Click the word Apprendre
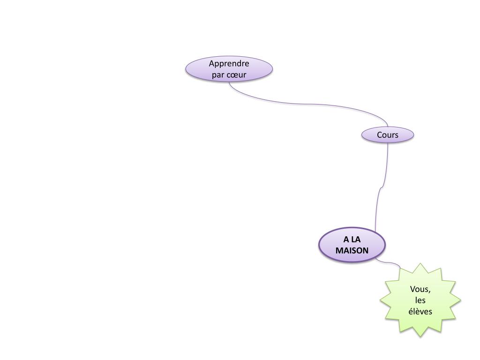click(229, 63)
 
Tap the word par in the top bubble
click(218, 75)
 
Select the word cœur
click(236, 75)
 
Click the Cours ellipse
click(388, 135)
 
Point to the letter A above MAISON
click(345, 240)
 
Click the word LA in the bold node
click(356, 240)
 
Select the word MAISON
click(352, 250)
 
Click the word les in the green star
click(420, 300)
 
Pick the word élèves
click(420, 311)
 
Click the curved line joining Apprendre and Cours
click(309, 104)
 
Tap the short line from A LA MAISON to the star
click(389, 262)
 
